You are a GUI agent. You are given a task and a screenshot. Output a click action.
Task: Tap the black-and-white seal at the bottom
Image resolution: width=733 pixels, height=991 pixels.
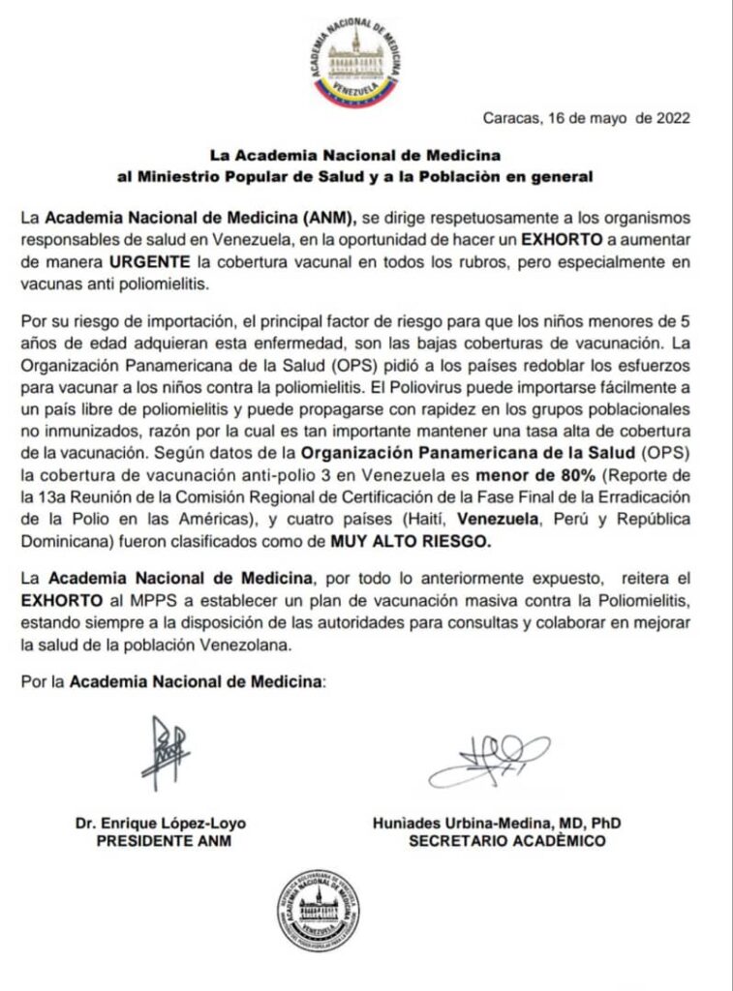(x=318, y=910)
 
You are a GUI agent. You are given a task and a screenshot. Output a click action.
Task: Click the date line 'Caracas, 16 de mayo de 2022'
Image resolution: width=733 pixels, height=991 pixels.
(x=586, y=119)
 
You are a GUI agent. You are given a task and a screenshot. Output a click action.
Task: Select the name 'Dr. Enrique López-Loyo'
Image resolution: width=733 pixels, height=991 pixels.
(x=161, y=824)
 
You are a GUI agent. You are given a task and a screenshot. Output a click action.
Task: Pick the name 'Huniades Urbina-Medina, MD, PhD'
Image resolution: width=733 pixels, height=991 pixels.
(x=496, y=824)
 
